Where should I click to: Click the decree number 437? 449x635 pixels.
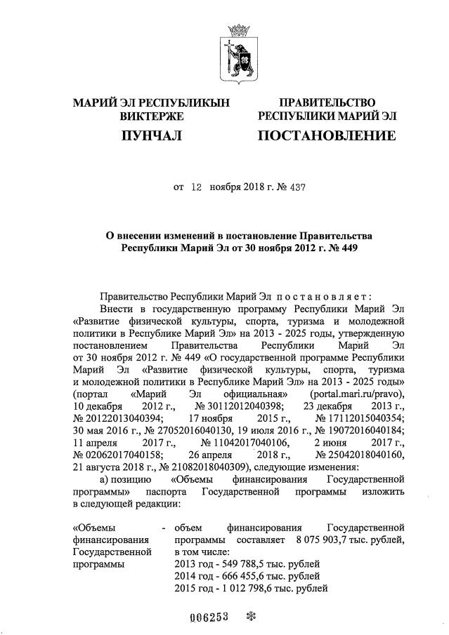pyautogui.click(x=297, y=187)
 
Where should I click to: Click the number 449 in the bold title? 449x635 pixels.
pyautogui.click(x=341, y=248)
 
